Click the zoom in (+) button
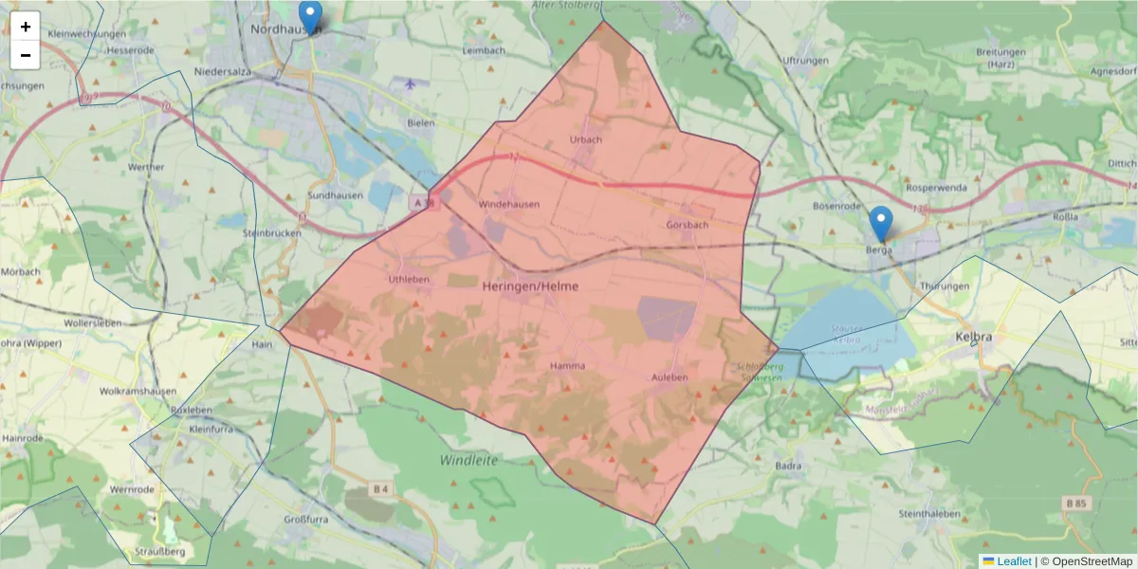pos(26,27)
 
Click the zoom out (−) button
pos(26,55)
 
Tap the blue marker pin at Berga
pos(881,224)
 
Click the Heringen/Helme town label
pos(530,285)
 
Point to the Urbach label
pos(585,139)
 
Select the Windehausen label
pos(509,204)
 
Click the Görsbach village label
pos(688,226)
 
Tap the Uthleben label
pos(409,280)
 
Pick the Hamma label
pos(567,365)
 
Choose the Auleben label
pos(669,377)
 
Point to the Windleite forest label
pos(468,460)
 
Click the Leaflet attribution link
pos(1014,561)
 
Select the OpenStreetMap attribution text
pos(1092,561)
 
